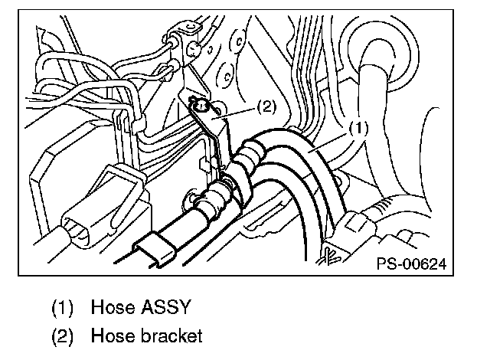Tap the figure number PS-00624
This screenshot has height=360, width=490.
tap(410, 263)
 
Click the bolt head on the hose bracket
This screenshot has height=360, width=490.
tap(201, 105)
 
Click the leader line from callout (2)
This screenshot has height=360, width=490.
tap(237, 112)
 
